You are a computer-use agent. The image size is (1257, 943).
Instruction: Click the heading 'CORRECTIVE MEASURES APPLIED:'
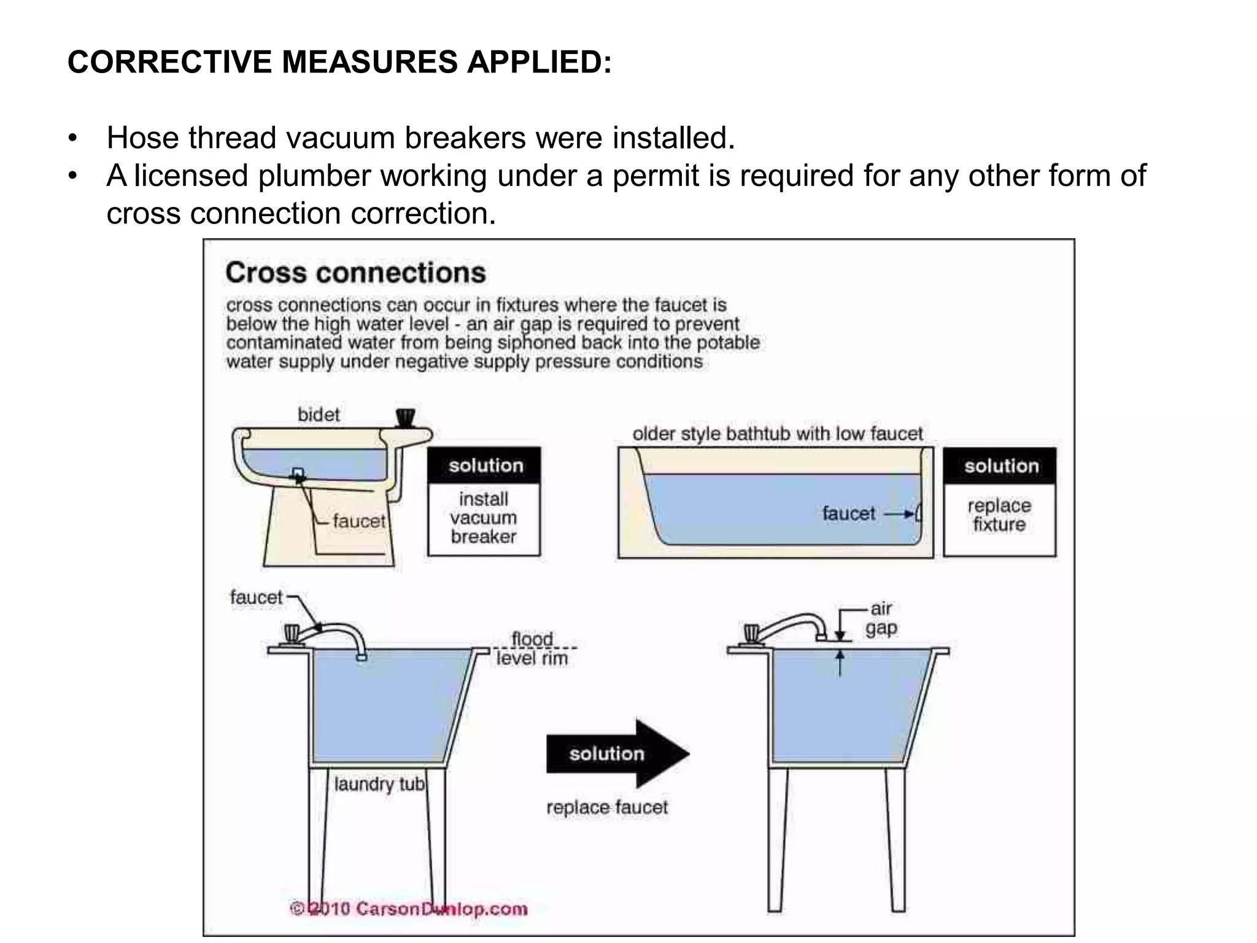pos(339,62)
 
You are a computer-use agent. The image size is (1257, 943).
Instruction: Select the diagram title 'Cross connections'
pos(355,273)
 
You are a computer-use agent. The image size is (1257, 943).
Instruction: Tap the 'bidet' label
pos(318,414)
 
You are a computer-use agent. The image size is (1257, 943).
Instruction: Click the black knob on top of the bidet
pos(405,417)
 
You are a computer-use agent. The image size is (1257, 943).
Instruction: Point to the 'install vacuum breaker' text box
pos(484,518)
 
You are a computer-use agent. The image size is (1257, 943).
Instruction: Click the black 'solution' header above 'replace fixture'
pos(1000,466)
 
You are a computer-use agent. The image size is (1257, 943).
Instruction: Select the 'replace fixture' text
pos(999,515)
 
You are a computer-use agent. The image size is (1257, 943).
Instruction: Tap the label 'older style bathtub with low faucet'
pos(777,434)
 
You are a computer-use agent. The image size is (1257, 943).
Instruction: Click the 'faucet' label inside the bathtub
pos(848,513)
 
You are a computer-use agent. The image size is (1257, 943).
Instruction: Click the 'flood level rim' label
pos(532,649)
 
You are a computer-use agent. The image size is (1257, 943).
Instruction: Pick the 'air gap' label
pos(881,618)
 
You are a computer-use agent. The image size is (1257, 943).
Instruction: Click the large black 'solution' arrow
pos(614,753)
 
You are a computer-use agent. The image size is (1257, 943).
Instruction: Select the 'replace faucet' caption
pos(606,807)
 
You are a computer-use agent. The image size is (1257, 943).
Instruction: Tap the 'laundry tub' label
pos(379,784)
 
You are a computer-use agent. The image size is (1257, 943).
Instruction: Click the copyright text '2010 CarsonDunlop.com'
pos(410,909)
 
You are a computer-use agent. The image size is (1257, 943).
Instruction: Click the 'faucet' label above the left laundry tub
pos(256,597)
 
